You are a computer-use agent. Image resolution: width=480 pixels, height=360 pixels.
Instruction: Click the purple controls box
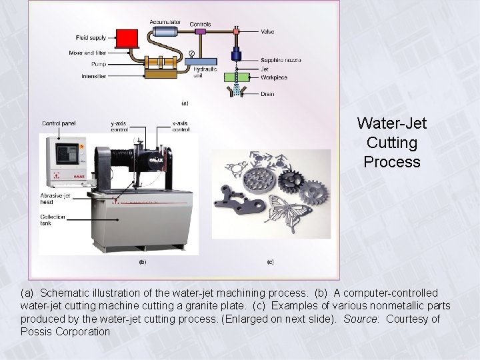click(199, 31)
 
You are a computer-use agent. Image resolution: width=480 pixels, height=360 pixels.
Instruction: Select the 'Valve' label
click(268, 31)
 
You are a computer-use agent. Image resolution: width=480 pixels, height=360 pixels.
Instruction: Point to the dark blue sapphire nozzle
click(235, 55)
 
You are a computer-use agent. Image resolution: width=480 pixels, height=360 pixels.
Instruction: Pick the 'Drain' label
click(267, 94)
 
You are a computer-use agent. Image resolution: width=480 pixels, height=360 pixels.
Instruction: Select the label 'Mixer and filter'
click(86, 53)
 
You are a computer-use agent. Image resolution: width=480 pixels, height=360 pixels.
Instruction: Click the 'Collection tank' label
click(53, 220)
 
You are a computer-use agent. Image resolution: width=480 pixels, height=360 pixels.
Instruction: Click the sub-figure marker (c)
click(270, 262)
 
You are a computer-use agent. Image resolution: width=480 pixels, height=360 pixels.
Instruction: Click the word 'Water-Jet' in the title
click(391, 123)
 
